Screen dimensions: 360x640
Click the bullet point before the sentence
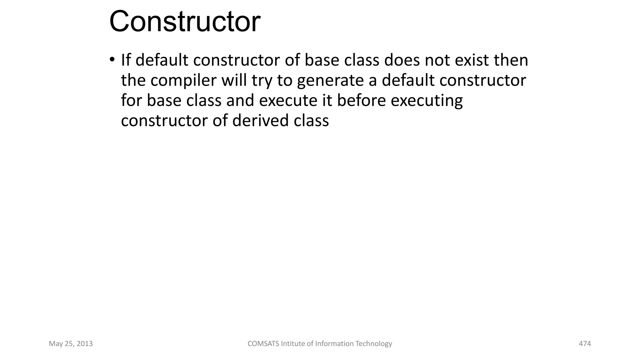click(112, 59)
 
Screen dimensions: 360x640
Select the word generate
click(330, 81)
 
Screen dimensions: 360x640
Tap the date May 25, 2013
click(71, 344)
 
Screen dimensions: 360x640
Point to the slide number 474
click(585, 344)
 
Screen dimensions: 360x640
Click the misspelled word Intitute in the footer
click(293, 344)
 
